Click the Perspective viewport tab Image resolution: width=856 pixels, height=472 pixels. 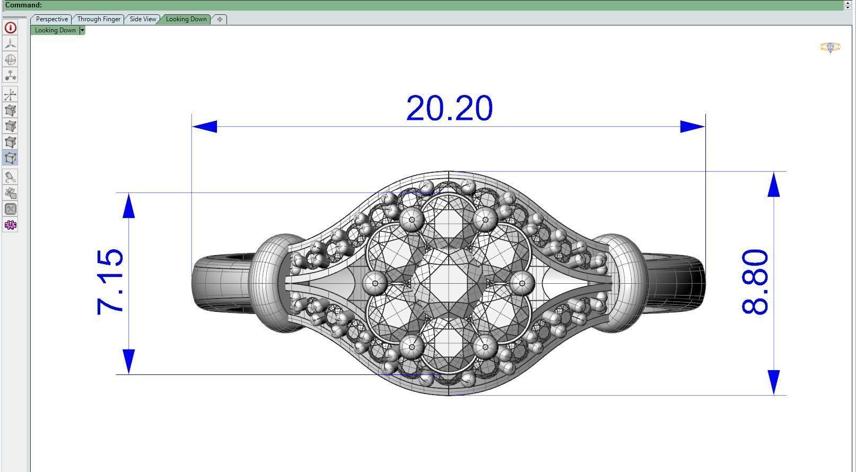tap(51, 19)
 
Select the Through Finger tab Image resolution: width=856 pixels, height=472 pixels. tap(99, 19)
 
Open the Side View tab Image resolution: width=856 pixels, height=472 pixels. tap(143, 19)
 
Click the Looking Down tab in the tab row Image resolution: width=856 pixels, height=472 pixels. tap(186, 19)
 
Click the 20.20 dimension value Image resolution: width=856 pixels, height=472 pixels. tap(449, 108)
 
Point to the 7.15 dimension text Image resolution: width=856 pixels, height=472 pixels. tap(111, 282)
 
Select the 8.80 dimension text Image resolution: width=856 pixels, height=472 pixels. tap(755, 282)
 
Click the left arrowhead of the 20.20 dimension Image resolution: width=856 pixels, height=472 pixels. tap(205, 126)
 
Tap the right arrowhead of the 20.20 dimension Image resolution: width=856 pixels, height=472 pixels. tap(692, 126)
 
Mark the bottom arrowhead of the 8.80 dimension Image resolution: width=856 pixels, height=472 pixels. tap(774, 382)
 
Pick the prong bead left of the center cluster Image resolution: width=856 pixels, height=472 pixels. tap(375, 283)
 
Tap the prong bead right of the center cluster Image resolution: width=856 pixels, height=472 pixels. tap(522, 283)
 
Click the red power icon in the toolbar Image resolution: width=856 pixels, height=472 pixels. tap(10, 28)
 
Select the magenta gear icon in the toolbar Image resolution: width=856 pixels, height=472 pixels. tap(10, 225)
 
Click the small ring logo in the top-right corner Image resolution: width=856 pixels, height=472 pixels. tap(830, 48)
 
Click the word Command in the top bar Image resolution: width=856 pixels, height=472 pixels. tap(23, 5)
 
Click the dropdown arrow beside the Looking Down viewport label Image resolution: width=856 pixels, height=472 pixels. tap(82, 30)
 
